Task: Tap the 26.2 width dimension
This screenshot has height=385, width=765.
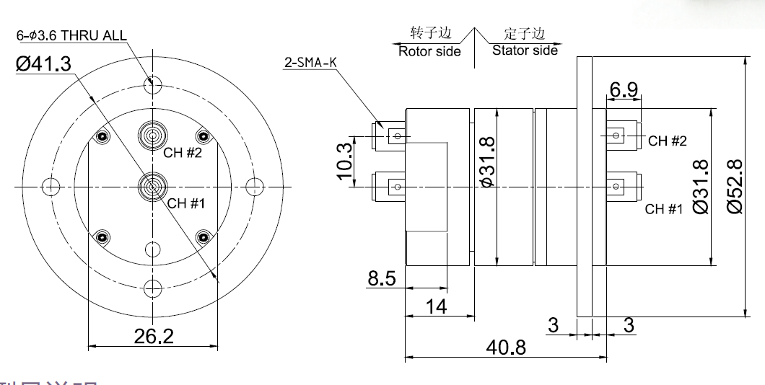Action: pos(153,335)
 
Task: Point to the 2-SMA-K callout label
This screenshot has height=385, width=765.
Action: pos(311,63)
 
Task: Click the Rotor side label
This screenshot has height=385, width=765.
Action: pos(429,51)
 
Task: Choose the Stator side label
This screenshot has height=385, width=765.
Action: pos(525,50)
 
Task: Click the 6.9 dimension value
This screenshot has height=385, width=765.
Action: pos(624,90)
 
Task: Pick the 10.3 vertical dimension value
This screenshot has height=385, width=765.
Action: pos(344,161)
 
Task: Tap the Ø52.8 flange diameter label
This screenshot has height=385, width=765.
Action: pos(735,186)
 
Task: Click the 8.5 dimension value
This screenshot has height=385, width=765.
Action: pos(381,278)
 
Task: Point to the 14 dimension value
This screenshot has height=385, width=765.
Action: pos(435,306)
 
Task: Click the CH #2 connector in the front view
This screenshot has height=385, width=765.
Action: pos(152,134)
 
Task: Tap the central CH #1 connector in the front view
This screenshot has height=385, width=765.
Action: pos(152,187)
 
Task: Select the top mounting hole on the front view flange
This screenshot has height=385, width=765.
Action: pos(152,85)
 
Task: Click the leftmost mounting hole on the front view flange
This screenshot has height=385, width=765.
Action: pos(50,187)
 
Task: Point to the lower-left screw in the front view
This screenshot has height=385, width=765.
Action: pos(102,237)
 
